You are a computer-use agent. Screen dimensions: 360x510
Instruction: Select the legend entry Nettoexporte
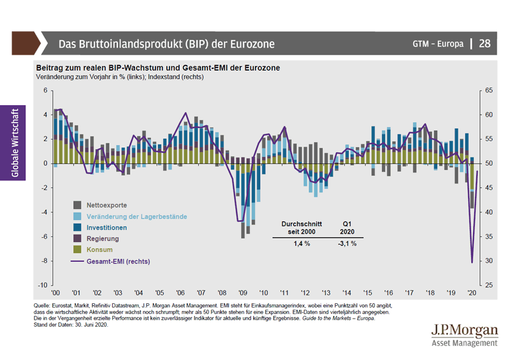(x=106, y=206)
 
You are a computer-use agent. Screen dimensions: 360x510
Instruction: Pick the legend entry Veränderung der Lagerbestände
(x=136, y=217)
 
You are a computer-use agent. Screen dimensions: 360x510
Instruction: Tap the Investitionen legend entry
(x=106, y=227)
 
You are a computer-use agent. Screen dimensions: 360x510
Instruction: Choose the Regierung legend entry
(x=103, y=238)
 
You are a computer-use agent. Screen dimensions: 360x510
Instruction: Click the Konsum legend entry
(x=99, y=249)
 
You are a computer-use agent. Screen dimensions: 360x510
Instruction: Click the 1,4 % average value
(x=302, y=244)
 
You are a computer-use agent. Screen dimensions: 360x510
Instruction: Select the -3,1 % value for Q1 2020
(x=347, y=244)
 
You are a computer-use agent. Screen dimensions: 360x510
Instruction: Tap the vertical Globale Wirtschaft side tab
(x=15, y=142)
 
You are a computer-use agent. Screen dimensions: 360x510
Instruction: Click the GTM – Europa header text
(x=438, y=44)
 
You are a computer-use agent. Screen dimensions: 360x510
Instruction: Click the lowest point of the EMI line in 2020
(x=472, y=263)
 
